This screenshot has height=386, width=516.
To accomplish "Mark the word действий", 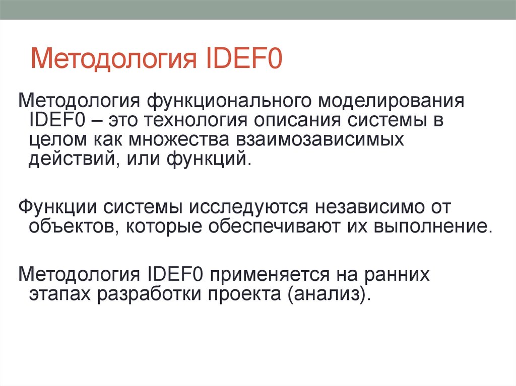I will pyautogui.click(x=72, y=160).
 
